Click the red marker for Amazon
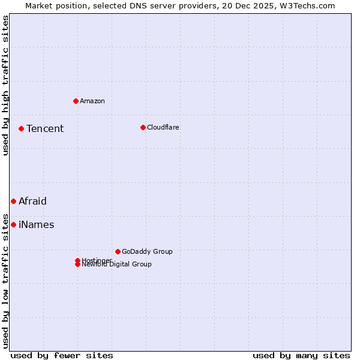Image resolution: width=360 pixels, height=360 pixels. tap(76, 101)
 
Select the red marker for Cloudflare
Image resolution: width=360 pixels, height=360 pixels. tap(143, 127)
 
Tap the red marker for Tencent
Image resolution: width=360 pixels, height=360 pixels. tap(21, 128)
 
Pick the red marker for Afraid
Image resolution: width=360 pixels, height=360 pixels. tap(13, 201)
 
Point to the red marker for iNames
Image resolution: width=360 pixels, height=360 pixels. tap(13, 224)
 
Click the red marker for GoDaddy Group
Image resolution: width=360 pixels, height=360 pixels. tap(118, 251)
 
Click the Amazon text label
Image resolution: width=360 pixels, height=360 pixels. tap(92, 101)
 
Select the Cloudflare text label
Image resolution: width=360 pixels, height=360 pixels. tap(163, 127)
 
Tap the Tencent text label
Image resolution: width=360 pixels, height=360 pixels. tap(45, 128)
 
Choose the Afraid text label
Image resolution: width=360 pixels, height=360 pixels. tap(32, 201)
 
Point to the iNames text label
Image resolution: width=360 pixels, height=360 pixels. tap(37, 224)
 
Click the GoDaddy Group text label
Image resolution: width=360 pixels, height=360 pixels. tap(147, 251)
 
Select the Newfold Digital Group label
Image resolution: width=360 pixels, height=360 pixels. tap(117, 265)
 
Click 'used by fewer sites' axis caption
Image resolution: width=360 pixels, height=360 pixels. tap(62, 355)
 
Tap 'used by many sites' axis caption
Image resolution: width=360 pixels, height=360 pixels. tap(301, 355)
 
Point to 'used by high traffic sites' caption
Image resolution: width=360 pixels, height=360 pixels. tap(6, 85)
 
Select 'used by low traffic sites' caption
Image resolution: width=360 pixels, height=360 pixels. tap(6, 281)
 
